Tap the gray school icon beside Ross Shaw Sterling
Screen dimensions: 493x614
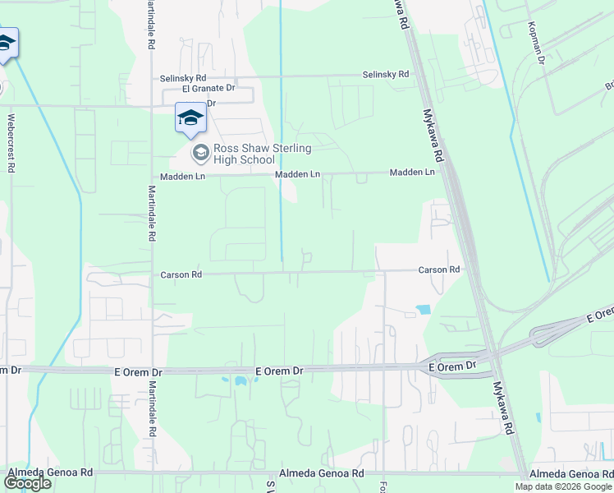[x=199, y=153]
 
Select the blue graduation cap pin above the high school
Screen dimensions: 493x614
[x=190, y=118]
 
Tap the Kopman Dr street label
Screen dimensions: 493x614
[x=539, y=41]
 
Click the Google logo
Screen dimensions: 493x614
[x=27, y=483]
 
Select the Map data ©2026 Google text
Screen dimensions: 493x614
[x=563, y=486]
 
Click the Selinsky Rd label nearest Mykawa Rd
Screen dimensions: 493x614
[x=386, y=75]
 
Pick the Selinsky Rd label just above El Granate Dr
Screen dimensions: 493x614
[x=183, y=78]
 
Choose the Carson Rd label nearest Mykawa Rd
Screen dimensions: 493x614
[x=438, y=270]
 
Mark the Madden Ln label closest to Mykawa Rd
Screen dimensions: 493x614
[x=412, y=173]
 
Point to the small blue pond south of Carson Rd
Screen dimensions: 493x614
[x=423, y=310]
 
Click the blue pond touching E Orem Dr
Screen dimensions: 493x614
[x=240, y=381]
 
